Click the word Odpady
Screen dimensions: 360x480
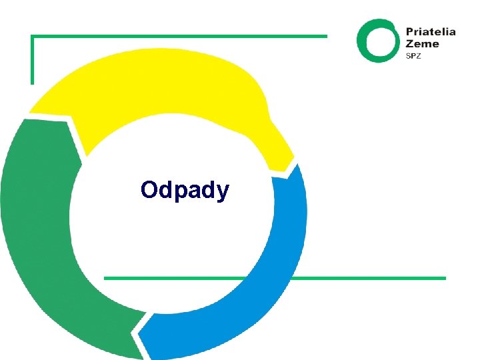pos(185,191)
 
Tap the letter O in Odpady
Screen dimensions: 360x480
pos(149,190)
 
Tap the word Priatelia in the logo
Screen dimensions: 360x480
pos(431,31)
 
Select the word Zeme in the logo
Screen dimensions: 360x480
pos(423,44)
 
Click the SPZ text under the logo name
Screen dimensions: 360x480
pos(414,56)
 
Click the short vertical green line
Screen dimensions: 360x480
pos(32,60)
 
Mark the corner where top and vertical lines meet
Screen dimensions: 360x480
pos(32,36)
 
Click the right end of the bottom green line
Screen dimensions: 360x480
pos(443,278)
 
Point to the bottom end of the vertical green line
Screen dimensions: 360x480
pos(32,83)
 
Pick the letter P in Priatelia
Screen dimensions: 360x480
pos(409,31)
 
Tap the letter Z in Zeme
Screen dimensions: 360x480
pos(410,44)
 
